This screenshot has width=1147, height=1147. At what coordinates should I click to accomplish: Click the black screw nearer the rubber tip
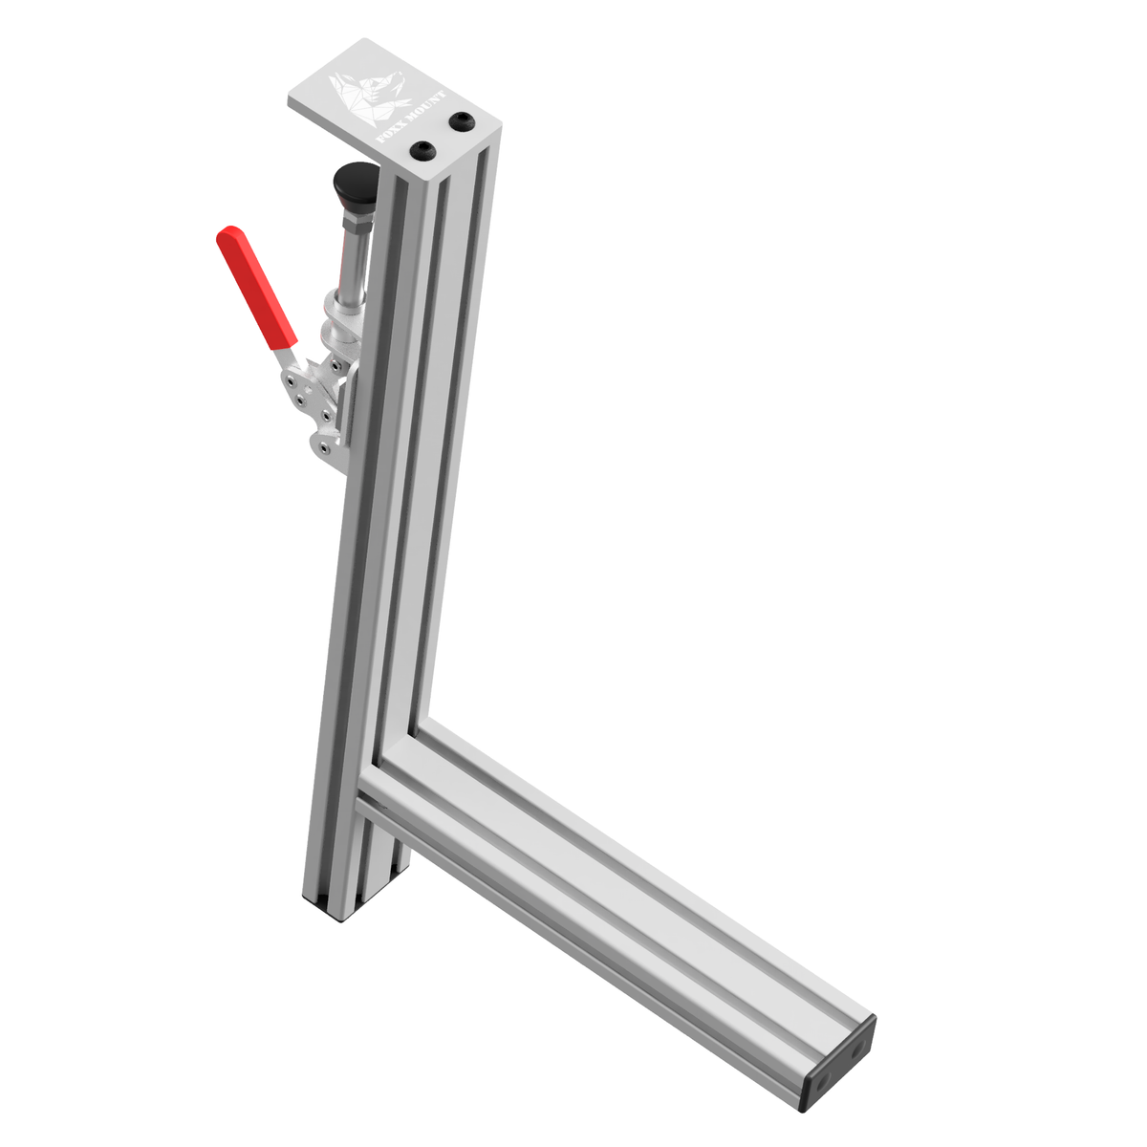tap(422, 151)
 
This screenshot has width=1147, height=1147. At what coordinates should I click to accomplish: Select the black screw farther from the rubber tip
tap(463, 121)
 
